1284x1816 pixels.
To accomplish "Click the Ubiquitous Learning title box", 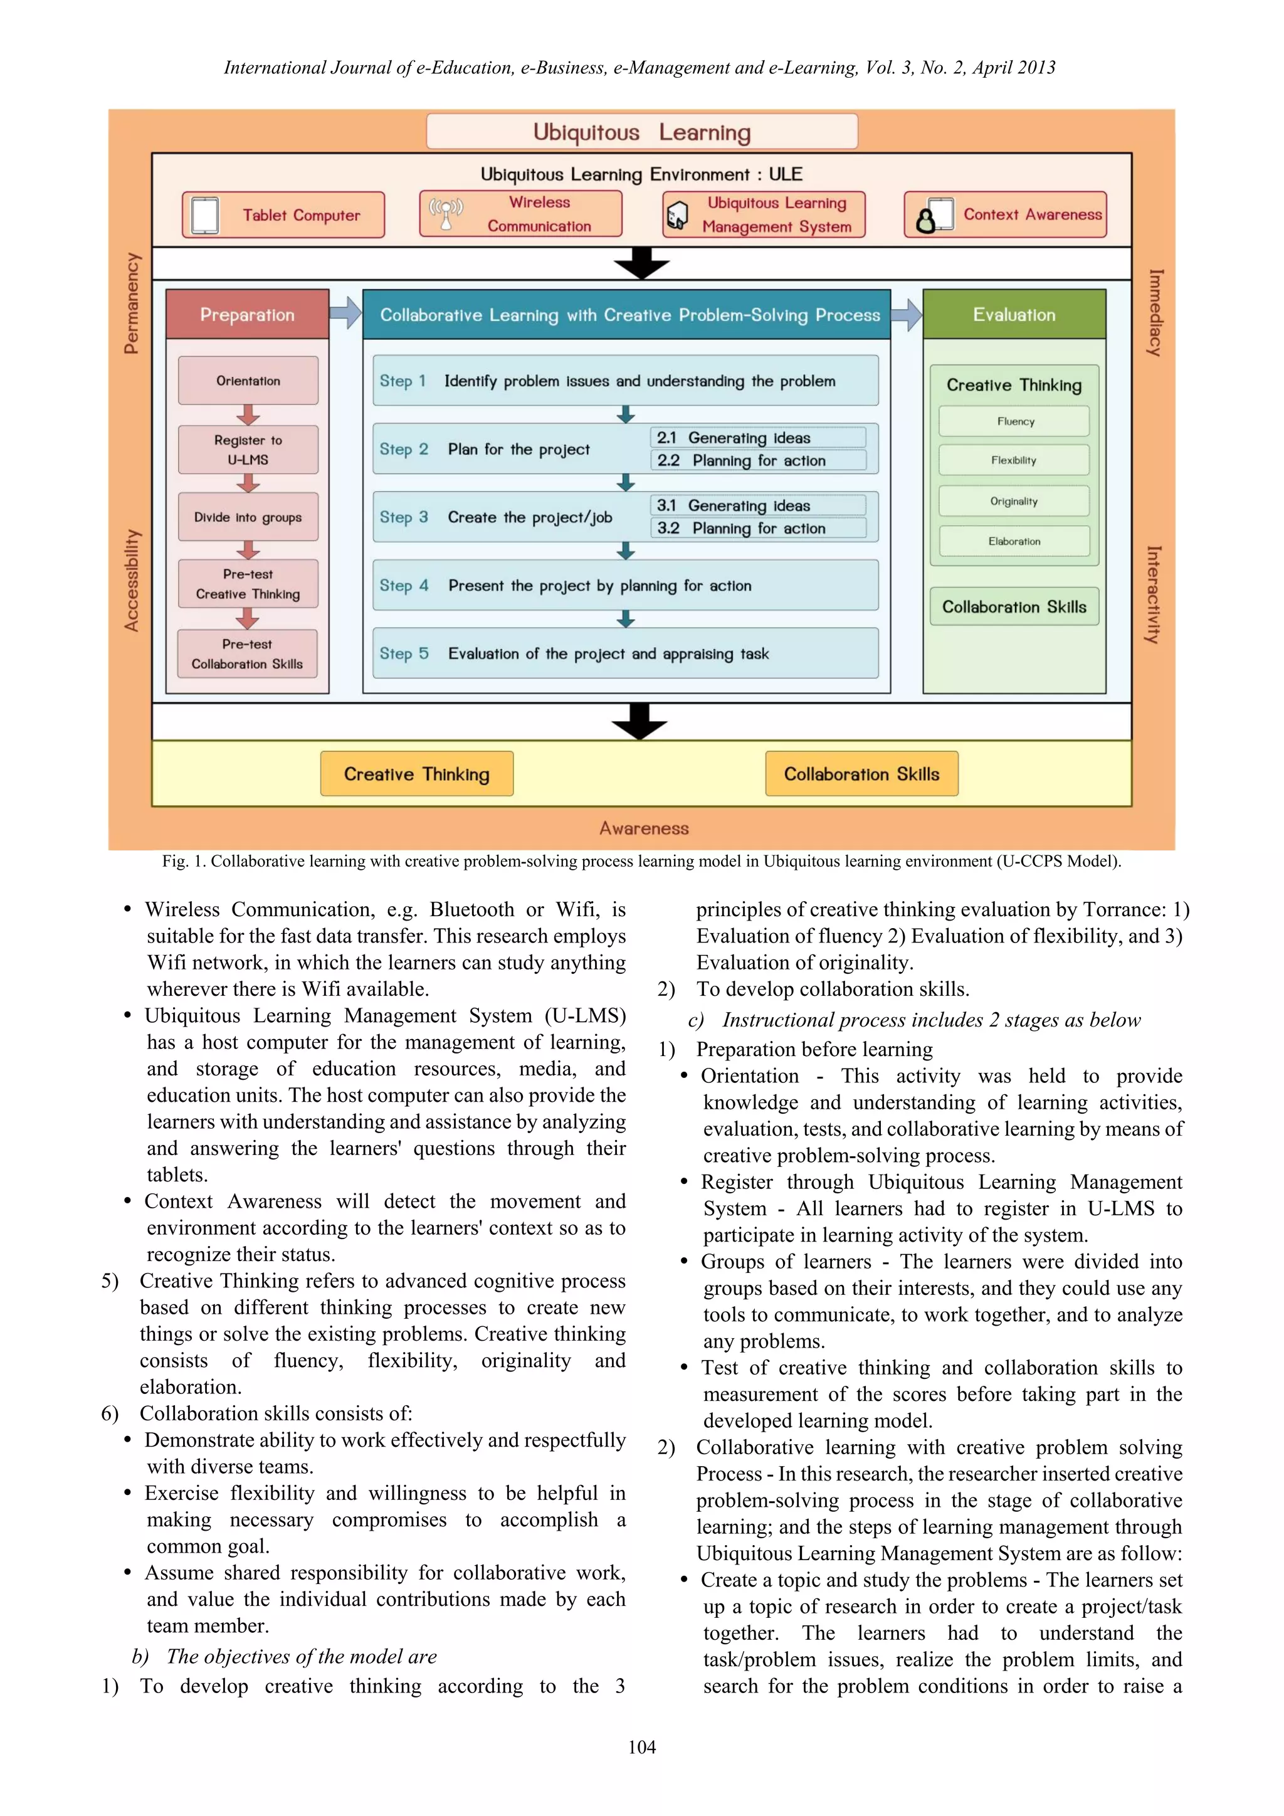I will pyautogui.click(x=641, y=131).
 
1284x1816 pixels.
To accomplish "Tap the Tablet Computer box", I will pyautogui.click(x=283, y=214).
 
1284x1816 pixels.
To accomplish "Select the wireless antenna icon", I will pyautogui.click(x=446, y=214).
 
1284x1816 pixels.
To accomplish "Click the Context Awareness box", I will pyautogui.click(x=1005, y=214).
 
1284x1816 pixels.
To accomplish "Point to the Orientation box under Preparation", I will pyautogui.click(x=248, y=381).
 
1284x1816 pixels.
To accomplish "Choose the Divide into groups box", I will pyautogui.click(x=248, y=517).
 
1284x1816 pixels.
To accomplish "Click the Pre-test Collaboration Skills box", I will pyautogui.click(x=248, y=654).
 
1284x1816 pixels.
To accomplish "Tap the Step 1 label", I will pyautogui.click(x=403, y=381).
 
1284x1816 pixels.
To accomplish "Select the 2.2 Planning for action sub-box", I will pyautogui.click(x=757, y=460).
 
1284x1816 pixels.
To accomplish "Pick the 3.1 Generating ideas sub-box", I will pyautogui.click(x=757, y=505).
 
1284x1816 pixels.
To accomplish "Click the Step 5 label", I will pyautogui.click(x=403, y=653).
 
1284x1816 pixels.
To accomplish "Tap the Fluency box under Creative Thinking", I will pyautogui.click(x=1014, y=421).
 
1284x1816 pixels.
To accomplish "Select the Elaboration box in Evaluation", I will pyautogui.click(x=1014, y=542).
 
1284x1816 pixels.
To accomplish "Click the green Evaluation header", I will pyautogui.click(x=1014, y=315).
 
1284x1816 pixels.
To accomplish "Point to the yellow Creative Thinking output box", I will pyautogui.click(x=417, y=774).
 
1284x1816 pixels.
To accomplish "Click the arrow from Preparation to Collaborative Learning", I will pyautogui.click(x=345, y=313).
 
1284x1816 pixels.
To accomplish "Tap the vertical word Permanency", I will pyautogui.click(x=131, y=303).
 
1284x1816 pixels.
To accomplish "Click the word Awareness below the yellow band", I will pyautogui.click(x=644, y=828).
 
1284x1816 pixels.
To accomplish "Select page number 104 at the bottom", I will pyautogui.click(x=641, y=1747).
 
